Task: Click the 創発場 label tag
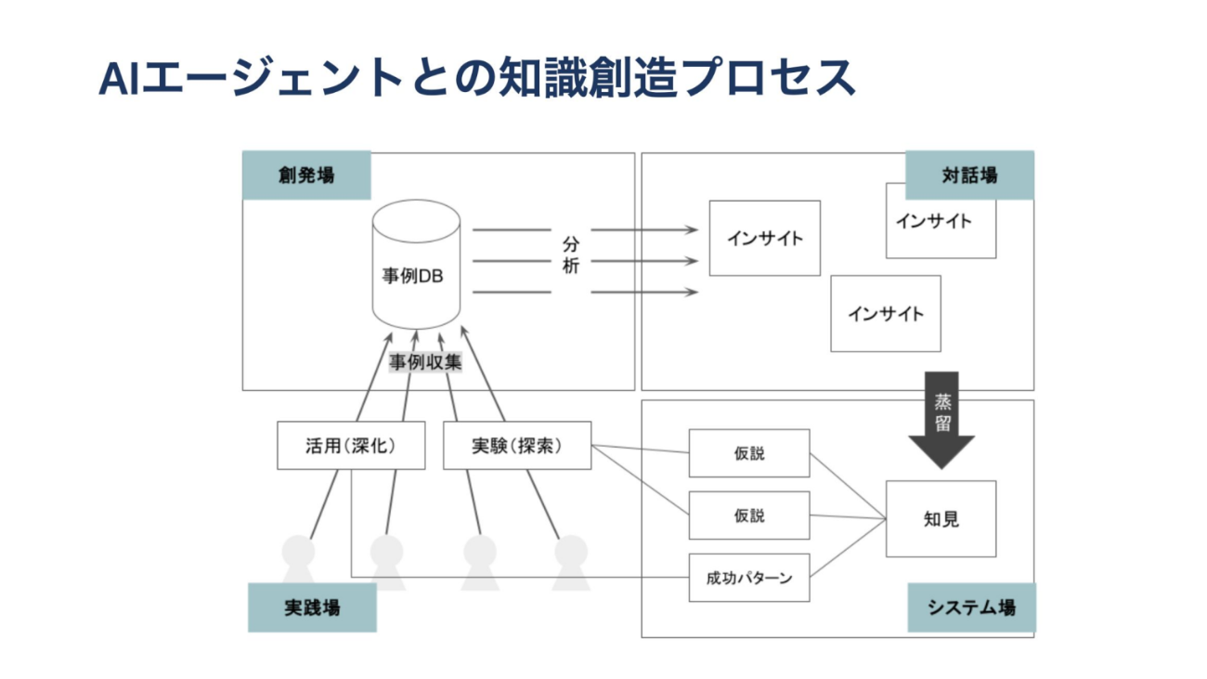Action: (306, 176)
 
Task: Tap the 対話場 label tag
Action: (969, 176)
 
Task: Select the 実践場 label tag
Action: (312, 607)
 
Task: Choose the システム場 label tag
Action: (971, 607)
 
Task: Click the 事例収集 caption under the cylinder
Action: (424, 362)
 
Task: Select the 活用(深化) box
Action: (351, 445)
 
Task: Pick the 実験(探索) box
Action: (517, 445)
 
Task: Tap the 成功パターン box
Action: (749, 578)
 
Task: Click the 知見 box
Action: (941, 519)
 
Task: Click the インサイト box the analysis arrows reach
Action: (765, 238)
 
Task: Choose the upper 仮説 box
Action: (749, 453)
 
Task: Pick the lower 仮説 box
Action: (749, 516)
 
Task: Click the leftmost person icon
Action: (298, 562)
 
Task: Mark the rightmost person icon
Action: (571, 562)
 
